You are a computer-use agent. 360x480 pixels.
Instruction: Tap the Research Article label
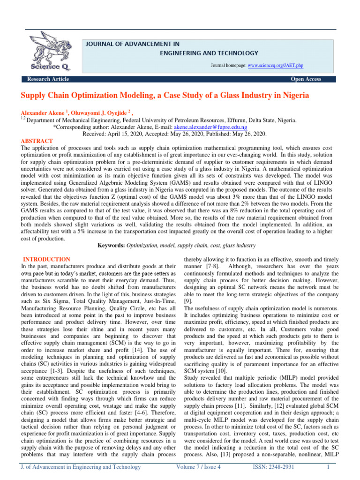point(48,79)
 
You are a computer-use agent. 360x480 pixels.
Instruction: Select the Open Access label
point(306,79)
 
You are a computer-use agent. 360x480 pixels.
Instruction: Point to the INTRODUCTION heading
point(47,259)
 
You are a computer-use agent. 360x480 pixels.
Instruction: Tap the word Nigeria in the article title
point(292,96)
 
